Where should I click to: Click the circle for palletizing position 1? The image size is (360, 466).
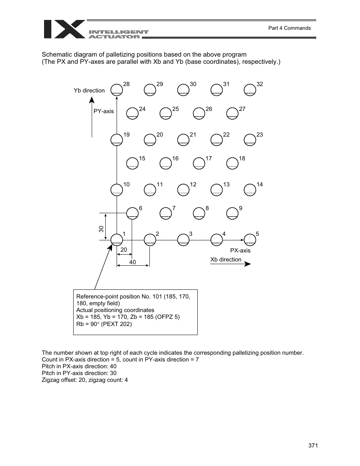point(117,240)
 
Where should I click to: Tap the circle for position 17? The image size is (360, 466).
point(199,163)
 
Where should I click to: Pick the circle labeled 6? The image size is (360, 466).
point(132,213)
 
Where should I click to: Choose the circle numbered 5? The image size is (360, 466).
point(250,240)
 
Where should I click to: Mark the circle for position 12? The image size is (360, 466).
point(183,190)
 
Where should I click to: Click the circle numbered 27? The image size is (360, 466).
point(232,114)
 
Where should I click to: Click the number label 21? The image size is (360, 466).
point(193,135)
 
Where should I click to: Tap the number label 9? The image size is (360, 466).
point(241,208)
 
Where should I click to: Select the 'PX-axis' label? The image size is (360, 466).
point(240,251)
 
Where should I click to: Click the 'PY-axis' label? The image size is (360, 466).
point(103,111)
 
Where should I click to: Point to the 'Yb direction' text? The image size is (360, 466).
point(89,91)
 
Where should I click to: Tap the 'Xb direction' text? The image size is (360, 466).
point(226,260)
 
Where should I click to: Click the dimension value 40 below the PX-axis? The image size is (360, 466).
point(132,262)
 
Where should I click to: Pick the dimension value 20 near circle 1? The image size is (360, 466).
point(124,250)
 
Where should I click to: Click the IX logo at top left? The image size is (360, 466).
point(64,29)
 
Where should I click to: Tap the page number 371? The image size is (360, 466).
point(313,446)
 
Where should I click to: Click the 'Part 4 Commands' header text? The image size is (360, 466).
point(289,28)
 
